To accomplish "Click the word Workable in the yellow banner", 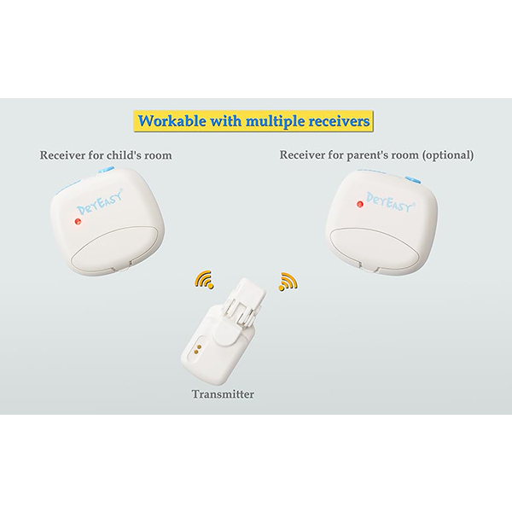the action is tap(172, 121).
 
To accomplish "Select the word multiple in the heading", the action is tap(275, 122).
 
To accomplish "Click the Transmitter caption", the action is tap(223, 394).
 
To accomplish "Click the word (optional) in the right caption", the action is tap(447, 154).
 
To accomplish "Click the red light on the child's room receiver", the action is tap(78, 221).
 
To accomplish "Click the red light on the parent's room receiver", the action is tap(360, 205).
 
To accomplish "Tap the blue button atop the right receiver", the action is tap(413, 179).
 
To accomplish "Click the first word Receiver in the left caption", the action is tap(62, 154).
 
